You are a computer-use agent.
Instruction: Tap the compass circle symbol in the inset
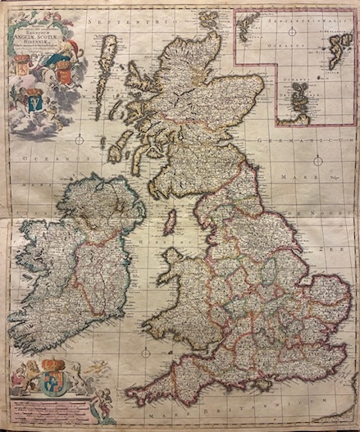(291, 34)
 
